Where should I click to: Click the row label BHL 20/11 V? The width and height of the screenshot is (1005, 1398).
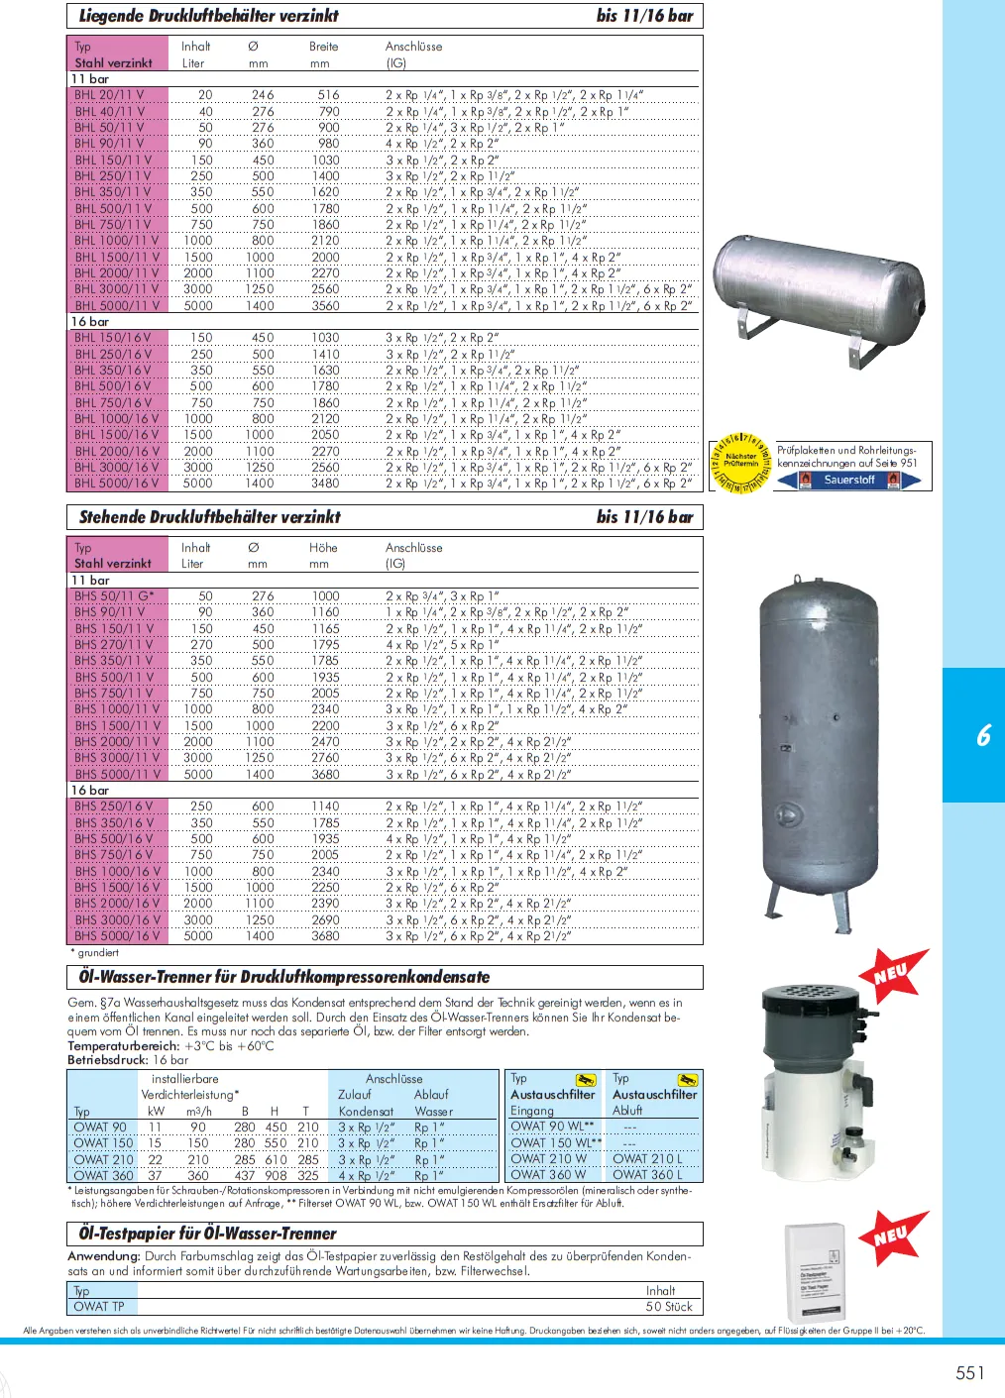pyautogui.click(x=109, y=95)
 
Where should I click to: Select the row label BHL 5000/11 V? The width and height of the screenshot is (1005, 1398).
pyautogui.click(x=116, y=305)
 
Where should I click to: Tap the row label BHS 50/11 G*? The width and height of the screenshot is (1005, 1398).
pyautogui.click(x=114, y=595)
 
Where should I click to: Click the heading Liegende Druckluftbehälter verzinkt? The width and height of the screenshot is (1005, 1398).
pyautogui.click(x=209, y=16)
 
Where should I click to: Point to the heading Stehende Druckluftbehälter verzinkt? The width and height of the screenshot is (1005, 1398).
pyautogui.click(x=209, y=517)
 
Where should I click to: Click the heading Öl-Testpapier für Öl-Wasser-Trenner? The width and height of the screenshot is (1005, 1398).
pyautogui.click(x=208, y=1234)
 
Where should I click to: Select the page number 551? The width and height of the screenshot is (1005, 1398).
pyautogui.click(x=969, y=1372)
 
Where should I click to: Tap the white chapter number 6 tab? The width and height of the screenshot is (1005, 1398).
pyautogui.click(x=982, y=735)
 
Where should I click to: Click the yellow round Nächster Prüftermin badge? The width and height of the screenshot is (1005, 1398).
pyautogui.click(x=739, y=463)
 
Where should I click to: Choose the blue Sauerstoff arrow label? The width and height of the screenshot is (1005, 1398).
pyautogui.click(x=848, y=480)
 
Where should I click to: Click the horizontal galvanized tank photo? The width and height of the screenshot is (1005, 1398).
pyautogui.click(x=816, y=296)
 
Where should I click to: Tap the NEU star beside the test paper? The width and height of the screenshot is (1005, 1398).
pyautogui.click(x=892, y=1236)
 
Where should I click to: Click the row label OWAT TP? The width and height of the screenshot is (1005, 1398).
pyautogui.click(x=99, y=1306)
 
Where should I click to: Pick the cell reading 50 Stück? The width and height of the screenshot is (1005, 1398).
pyautogui.click(x=669, y=1306)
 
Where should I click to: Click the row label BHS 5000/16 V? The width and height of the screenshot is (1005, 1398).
pyautogui.click(x=116, y=935)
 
